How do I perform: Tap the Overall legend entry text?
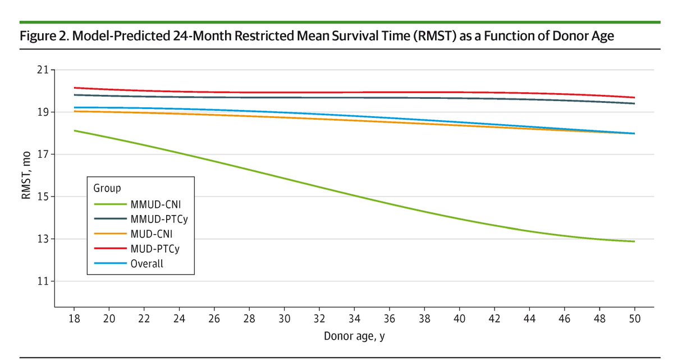coord(146,263)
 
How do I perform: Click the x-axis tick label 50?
coord(634,319)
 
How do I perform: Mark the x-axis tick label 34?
coord(354,319)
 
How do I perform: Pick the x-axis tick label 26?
coord(214,319)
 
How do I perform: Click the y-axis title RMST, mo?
coord(26,175)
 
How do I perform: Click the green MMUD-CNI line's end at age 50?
coord(634,241)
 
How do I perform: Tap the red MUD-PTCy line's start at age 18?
coord(75,88)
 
